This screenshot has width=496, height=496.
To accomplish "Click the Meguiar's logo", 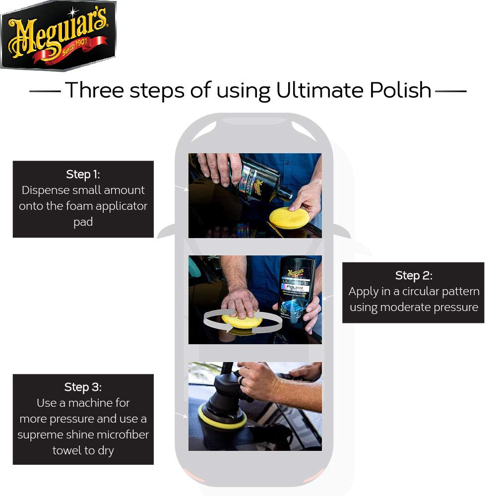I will click(x=58, y=35).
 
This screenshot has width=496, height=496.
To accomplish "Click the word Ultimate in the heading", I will click(x=316, y=90).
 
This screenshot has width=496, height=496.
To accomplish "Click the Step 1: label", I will click(x=83, y=175).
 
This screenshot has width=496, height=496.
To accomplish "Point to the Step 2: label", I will click(x=414, y=275).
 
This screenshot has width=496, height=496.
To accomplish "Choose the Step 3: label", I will click(x=83, y=387).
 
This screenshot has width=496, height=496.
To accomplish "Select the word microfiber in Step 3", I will click(x=124, y=435).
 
